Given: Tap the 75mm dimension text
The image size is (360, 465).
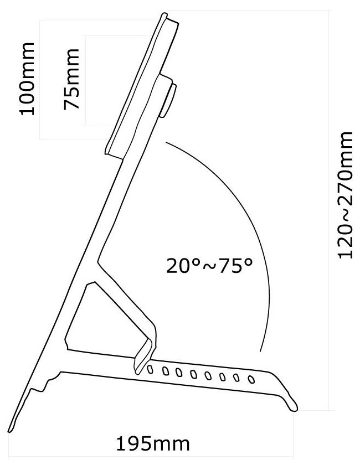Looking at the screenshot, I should pos(72,80).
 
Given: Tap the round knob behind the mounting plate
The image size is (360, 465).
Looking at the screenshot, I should pos(168,100).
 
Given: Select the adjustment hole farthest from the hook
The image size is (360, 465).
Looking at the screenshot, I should pos(251,380).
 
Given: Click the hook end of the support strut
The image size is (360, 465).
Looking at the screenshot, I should pos(138,363).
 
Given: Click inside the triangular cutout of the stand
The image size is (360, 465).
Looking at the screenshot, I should pos(94,316).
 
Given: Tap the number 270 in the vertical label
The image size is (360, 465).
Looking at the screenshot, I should pos(346,166).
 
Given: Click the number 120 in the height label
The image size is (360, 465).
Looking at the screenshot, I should pos(346,241).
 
